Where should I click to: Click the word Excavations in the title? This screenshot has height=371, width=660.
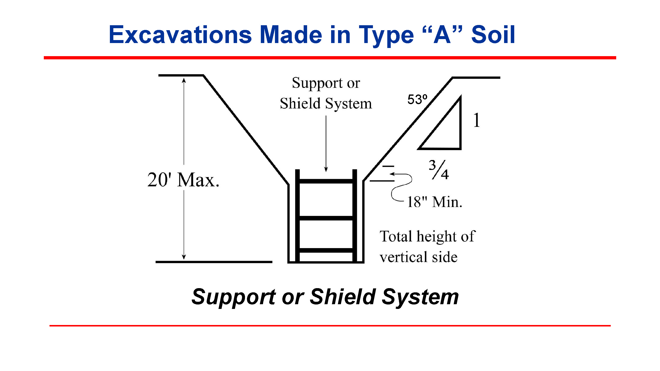pos(180,35)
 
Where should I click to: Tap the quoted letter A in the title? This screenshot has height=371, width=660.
pos(442,35)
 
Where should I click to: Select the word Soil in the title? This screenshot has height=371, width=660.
pos(493,35)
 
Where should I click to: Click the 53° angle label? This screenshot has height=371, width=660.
pos(417,99)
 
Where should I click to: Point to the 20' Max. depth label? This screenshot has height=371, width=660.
pos(183,180)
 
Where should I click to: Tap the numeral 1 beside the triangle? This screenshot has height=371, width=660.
pos(476,120)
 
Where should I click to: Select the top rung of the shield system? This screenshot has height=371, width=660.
pos(326,181)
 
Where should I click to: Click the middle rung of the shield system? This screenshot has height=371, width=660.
pos(326,218)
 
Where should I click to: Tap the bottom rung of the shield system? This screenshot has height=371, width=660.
pos(326,250)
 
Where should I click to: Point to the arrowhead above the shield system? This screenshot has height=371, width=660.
pos(326,169)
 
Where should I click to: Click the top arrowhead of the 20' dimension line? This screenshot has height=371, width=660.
pos(184,80)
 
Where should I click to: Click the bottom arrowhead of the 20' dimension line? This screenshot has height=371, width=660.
pos(184,257)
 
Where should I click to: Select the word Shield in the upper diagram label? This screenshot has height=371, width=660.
pos(300,104)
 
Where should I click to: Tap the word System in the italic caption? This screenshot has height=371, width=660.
pos(420,297)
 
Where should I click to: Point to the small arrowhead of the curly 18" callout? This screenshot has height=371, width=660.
pos(392,174)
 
